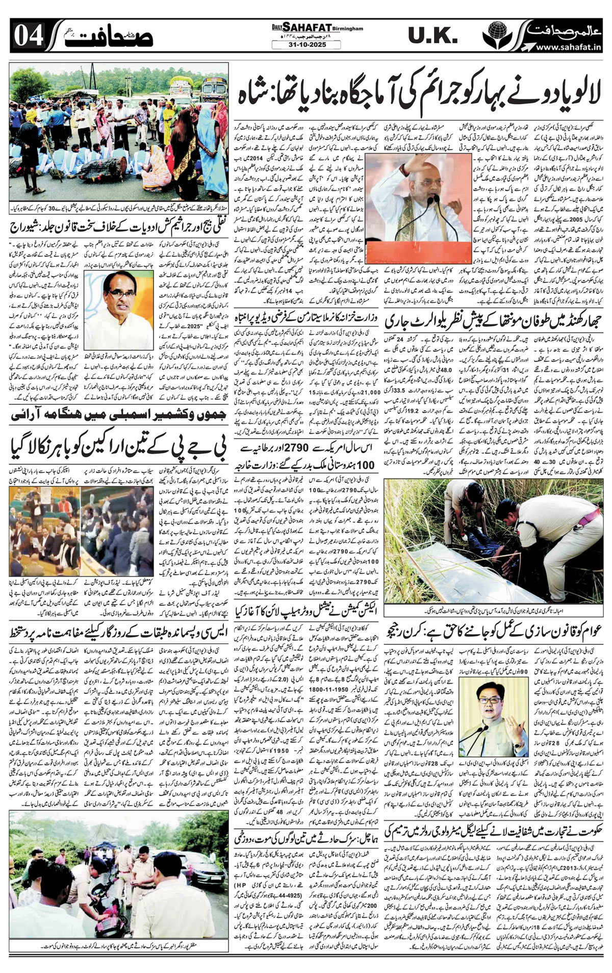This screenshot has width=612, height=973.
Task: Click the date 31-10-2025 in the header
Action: [300, 45]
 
